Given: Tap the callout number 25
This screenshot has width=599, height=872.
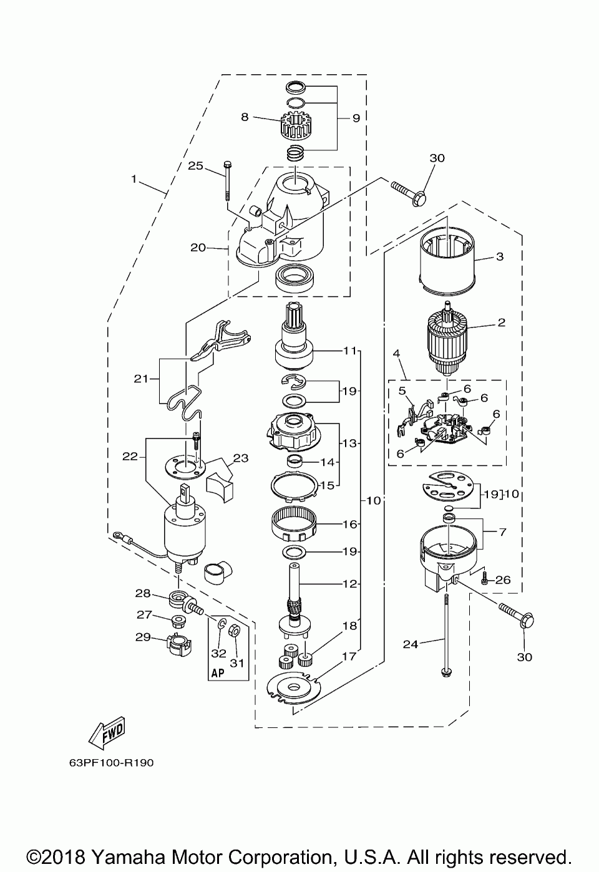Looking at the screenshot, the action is tap(195, 166).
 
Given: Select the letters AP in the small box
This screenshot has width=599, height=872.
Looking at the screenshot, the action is tap(218, 673).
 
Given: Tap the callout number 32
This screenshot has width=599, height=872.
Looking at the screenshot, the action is tap(219, 653).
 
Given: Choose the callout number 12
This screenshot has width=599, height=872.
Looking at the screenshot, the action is tap(350, 584).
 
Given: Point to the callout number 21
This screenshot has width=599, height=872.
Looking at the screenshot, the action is tap(142, 379).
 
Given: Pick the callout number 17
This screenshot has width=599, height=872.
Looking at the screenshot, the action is tap(349, 656).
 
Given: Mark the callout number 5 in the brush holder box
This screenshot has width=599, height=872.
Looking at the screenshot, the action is tap(402, 390).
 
